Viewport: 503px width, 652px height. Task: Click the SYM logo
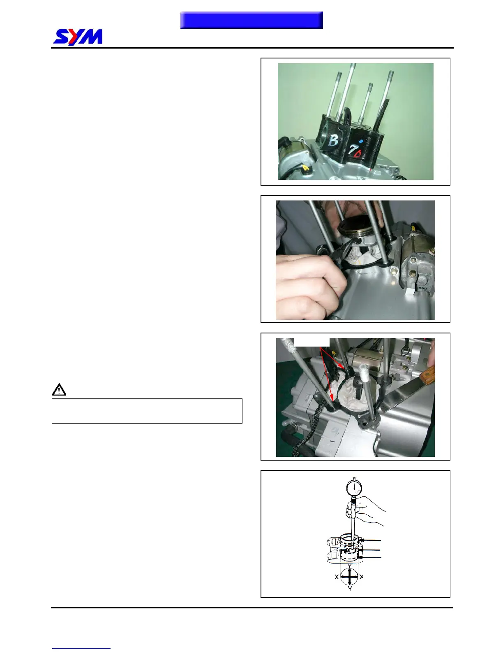tap(78, 37)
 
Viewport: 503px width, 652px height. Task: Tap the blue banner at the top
tap(251, 20)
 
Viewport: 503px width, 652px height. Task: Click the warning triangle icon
tap(59, 389)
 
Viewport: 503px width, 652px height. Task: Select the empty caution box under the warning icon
tap(147, 411)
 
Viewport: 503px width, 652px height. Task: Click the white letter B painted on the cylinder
tap(333, 140)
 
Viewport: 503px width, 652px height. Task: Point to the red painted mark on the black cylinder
tap(358, 153)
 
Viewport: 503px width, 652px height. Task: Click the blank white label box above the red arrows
tap(312, 342)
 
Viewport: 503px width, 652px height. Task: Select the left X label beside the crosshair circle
tap(337, 577)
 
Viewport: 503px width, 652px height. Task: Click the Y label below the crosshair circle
tap(350, 589)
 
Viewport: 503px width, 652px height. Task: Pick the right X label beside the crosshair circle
tap(362, 577)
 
